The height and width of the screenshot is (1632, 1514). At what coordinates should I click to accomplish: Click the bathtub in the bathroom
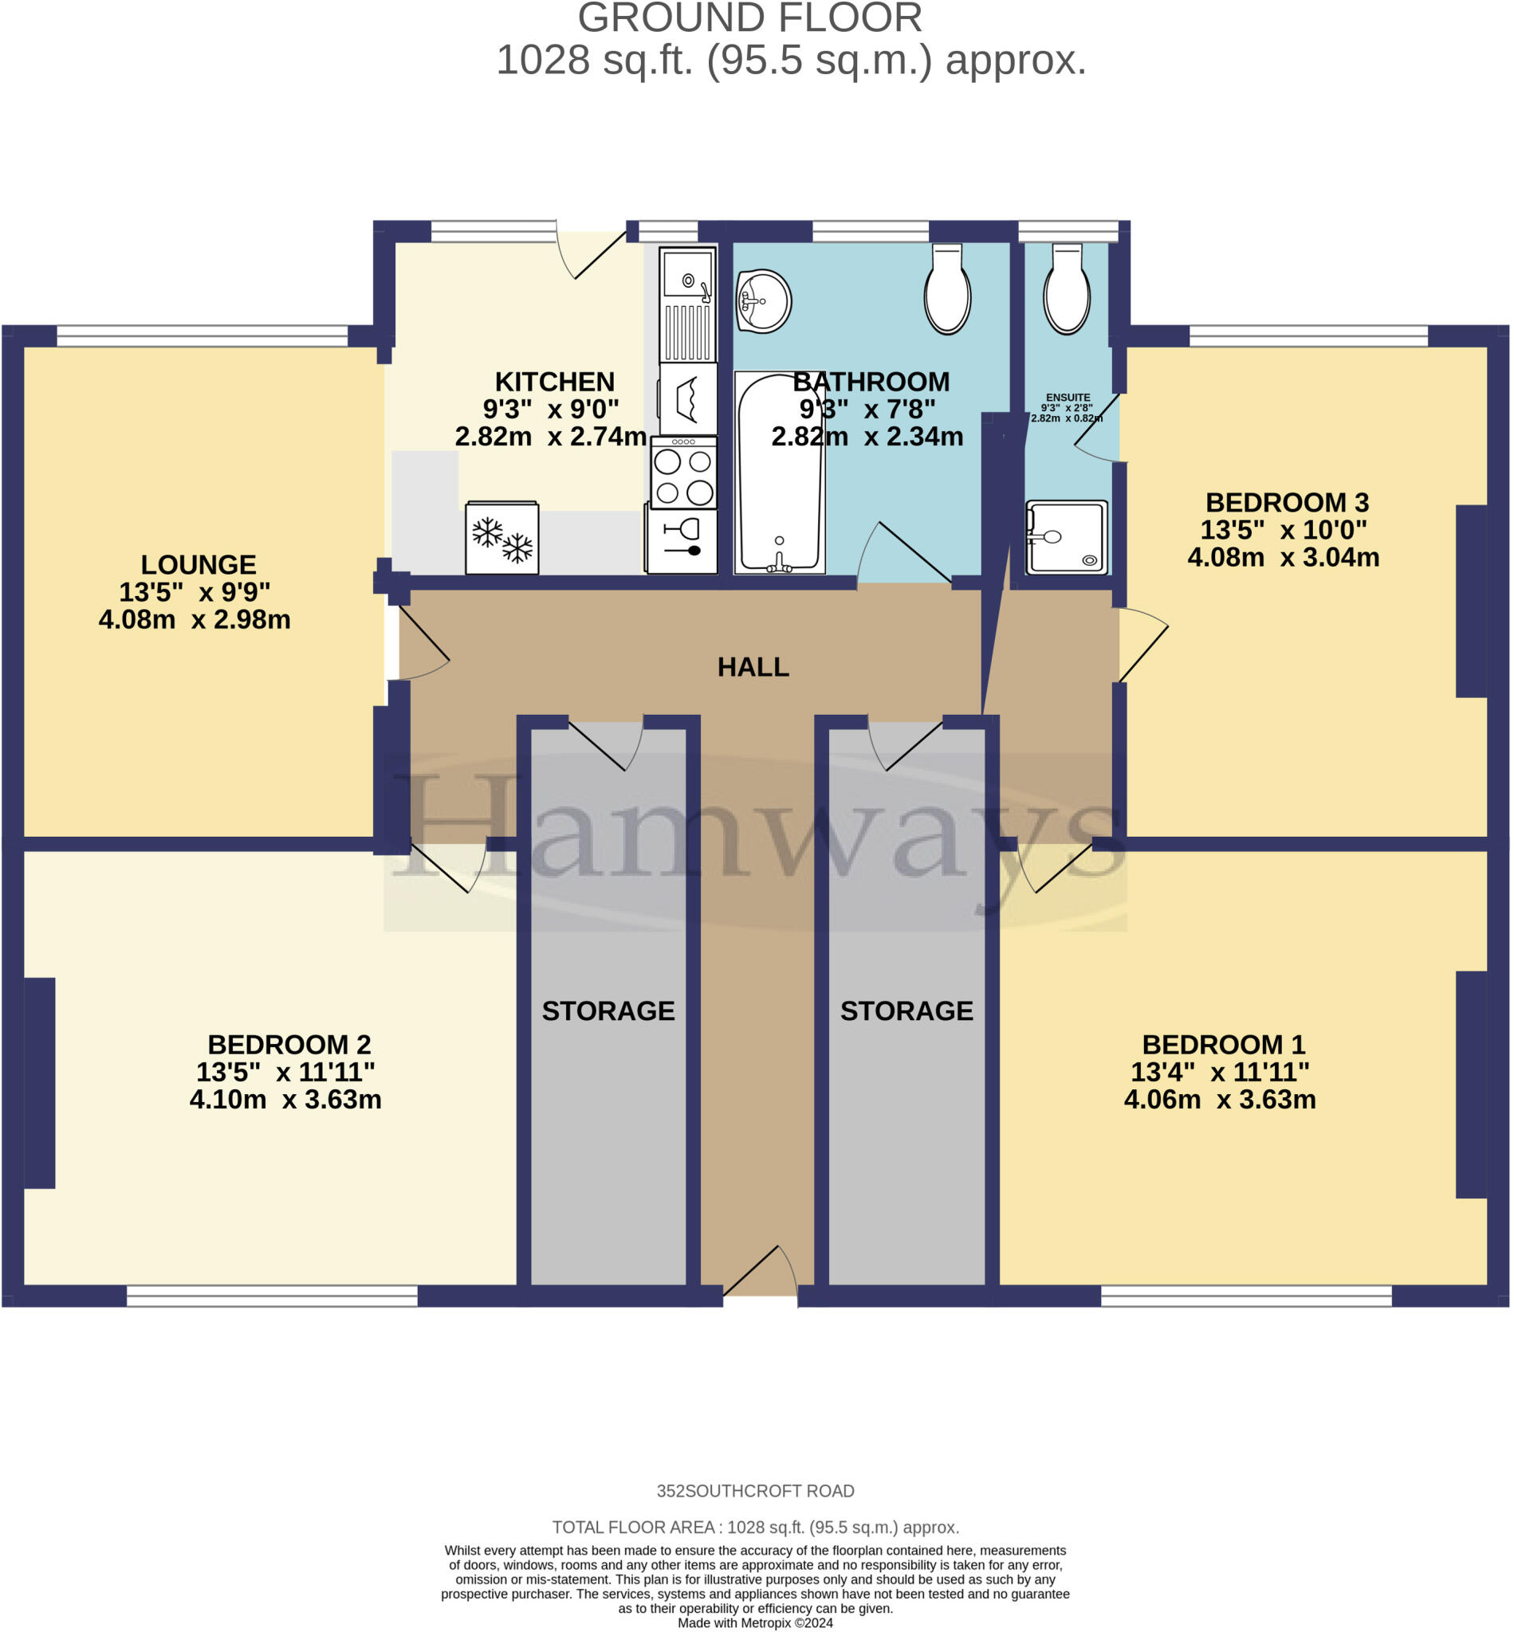[779, 473]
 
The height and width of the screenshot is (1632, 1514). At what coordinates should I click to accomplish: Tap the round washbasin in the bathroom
[764, 301]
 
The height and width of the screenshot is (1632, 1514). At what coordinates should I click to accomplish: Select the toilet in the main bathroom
[948, 289]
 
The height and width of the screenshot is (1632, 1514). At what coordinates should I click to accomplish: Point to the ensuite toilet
[1067, 289]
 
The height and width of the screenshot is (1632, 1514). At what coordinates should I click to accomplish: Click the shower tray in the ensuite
[1067, 537]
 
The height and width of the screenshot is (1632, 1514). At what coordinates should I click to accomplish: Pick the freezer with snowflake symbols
[502, 537]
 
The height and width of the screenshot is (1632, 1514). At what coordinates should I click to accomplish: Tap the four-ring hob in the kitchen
[684, 473]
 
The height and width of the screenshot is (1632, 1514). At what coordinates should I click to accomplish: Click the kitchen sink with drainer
[688, 304]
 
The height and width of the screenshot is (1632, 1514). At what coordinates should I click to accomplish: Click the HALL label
[753, 667]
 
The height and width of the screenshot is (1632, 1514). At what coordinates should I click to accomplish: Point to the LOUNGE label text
[199, 564]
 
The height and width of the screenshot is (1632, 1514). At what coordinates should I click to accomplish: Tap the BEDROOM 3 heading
[1287, 502]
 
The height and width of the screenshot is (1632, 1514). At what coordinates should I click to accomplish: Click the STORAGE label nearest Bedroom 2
[609, 1010]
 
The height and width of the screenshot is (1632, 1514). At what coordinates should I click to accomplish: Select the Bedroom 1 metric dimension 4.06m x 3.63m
[1220, 1099]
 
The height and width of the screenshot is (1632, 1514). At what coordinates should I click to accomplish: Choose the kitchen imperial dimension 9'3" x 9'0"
[551, 408]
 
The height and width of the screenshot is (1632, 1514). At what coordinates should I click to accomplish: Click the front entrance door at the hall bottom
[761, 1273]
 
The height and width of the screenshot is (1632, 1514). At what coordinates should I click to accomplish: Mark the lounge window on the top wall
[203, 335]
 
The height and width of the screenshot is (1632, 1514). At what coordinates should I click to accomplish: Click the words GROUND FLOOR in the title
[750, 18]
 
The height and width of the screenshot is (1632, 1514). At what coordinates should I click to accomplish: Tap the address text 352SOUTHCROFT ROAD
[755, 1491]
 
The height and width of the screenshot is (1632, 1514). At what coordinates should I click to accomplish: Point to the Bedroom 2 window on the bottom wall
[273, 1296]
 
